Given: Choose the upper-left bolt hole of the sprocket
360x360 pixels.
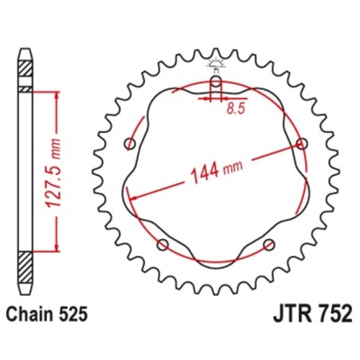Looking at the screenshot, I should (131, 144).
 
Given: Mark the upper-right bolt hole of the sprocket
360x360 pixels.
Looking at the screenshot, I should (300, 143).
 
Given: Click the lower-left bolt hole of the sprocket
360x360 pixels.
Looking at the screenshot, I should (162, 244).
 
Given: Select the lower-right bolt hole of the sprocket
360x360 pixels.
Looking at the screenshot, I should (268, 244).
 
